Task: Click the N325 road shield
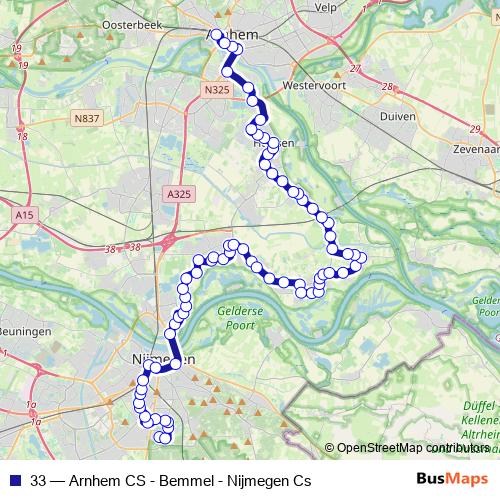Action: [217, 91]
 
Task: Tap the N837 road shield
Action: [86, 119]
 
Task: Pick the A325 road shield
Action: [179, 194]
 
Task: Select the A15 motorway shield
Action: [25, 214]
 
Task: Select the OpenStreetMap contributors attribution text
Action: [410, 448]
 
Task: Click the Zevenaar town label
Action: [475, 146]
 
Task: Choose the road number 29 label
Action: [475, 128]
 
